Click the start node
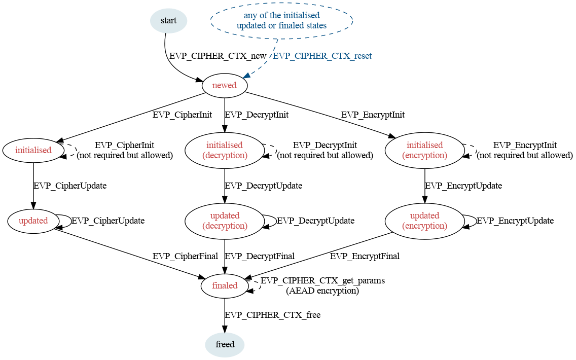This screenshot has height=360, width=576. coord(168,21)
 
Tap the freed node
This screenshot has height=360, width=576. coord(225,345)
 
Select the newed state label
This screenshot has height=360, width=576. coord(224,85)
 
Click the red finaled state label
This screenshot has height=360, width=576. coord(225,285)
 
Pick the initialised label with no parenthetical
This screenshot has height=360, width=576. coord(33,150)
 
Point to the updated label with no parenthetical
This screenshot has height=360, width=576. coord(33,221)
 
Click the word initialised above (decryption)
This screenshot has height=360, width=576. coord(224,145)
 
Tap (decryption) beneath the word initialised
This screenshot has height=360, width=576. coord(225,156)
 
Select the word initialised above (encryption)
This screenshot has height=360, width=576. coord(424,145)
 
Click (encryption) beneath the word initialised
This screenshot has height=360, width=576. coord(424,156)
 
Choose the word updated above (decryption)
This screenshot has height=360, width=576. coord(225,215)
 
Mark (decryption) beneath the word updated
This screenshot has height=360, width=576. coord(225,226)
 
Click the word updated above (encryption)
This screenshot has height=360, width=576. coord(424,215)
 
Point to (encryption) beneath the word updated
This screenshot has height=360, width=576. coord(424,226)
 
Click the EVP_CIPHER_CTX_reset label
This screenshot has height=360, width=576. coord(322,56)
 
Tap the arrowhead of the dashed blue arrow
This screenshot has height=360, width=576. coord(245,76)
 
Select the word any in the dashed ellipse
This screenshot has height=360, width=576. coord(250,15)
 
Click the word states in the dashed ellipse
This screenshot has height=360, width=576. coord(315,25)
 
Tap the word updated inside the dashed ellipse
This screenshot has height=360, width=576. coord(251,25)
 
